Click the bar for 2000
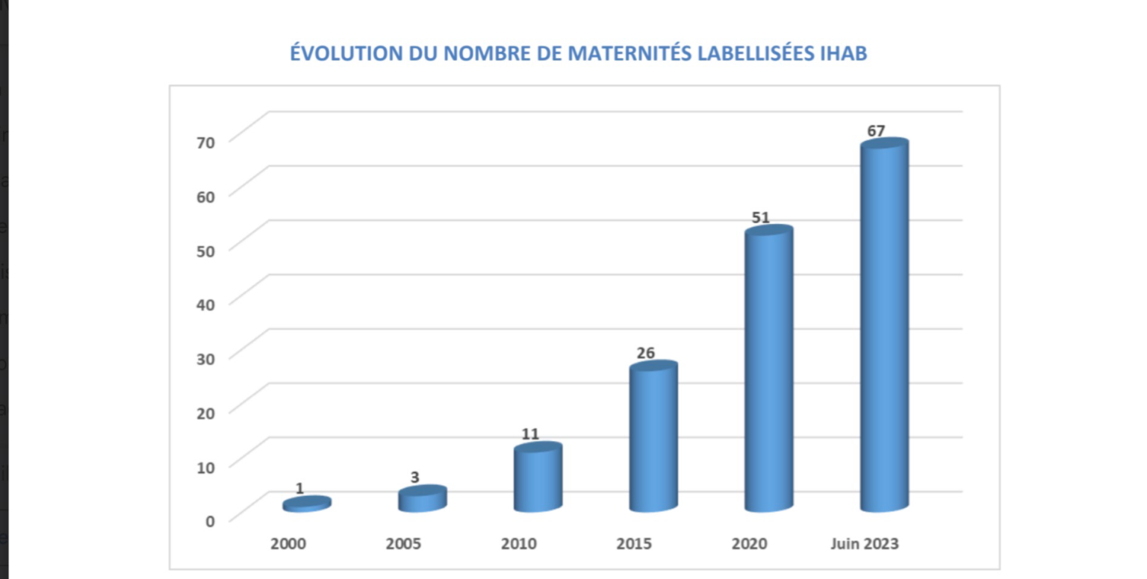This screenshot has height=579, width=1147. click(x=306, y=504)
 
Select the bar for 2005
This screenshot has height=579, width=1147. click(x=422, y=499)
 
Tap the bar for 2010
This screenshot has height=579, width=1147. click(x=538, y=478)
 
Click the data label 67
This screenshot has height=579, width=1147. click(x=876, y=131)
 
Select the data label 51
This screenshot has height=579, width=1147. click(x=760, y=218)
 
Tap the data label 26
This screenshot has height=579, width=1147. click(x=645, y=353)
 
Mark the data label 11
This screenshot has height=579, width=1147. click(x=530, y=434)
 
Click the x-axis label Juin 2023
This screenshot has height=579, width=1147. click(x=865, y=544)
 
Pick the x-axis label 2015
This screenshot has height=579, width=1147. click(x=634, y=544)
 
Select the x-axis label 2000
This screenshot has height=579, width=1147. click(x=288, y=544)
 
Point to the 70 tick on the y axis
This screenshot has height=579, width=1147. click(x=206, y=142)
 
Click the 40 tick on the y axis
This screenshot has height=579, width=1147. click(x=206, y=304)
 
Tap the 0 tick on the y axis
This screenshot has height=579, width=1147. click(x=210, y=520)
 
